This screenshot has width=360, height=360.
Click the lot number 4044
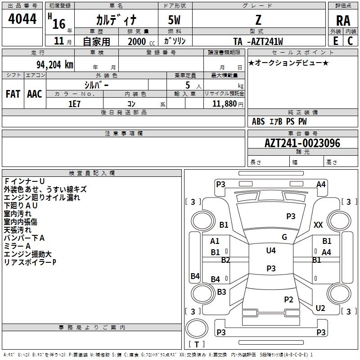pyautogui.click(x=22, y=18)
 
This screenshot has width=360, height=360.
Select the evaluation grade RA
pyautogui.click(x=343, y=21)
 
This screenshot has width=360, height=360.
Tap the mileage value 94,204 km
pyautogui.click(x=55, y=65)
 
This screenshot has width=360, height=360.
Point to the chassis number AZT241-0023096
pyautogui.click(x=302, y=143)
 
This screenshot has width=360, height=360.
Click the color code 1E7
pyautogui.click(x=74, y=104)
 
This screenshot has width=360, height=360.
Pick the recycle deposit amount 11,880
pyautogui.click(x=224, y=104)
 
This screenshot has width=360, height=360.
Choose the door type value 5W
pyautogui.click(x=174, y=20)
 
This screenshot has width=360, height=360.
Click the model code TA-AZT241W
pyautogui.click(x=258, y=41)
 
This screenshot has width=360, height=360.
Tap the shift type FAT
pyautogui.click(x=13, y=94)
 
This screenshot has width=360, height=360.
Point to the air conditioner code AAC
pyautogui.click(x=35, y=94)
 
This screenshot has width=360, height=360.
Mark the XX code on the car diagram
pyautogui.click(x=318, y=225)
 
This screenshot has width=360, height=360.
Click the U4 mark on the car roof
pyautogui.click(x=271, y=250)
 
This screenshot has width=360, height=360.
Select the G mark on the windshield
pyautogui.click(x=284, y=237)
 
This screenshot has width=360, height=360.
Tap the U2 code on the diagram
pyautogui.click(x=320, y=308)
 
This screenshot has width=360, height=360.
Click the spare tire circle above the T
pyautogui.click(x=197, y=328)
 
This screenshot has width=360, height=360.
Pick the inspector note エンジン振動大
pyautogui.click(x=27, y=254)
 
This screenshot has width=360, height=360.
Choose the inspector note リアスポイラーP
pyautogui.click(x=30, y=262)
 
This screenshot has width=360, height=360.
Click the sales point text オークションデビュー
pyautogui.click(x=288, y=63)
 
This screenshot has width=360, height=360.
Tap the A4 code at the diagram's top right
pyautogui.click(x=321, y=184)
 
